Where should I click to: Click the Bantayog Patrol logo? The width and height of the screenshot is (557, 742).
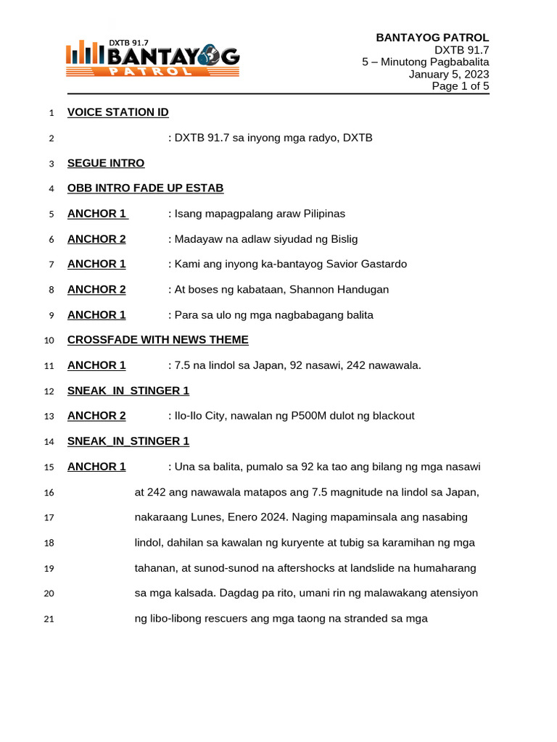click(x=152, y=59)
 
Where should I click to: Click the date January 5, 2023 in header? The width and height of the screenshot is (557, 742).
click(x=448, y=74)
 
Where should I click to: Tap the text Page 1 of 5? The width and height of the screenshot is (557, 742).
click(x=461, y=86)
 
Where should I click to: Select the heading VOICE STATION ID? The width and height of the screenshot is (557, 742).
click(x=117, y=112)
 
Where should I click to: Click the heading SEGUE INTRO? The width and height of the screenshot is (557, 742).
click(x=106, y=163)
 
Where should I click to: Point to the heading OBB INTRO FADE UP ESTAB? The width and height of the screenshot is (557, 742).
click(x=145, y=188)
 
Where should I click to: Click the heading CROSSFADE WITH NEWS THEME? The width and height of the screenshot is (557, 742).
click(x=157, y=340)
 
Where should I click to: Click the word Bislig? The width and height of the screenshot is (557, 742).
click(x=341, y=239)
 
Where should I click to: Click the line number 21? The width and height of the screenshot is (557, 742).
click(x=49, y=620)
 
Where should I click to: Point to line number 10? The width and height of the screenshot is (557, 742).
click(x=49, y=341)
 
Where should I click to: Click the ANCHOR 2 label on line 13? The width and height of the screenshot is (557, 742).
click(x=96, y=416)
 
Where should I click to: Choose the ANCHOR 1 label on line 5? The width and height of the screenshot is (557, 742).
click(x=96, y=214)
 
